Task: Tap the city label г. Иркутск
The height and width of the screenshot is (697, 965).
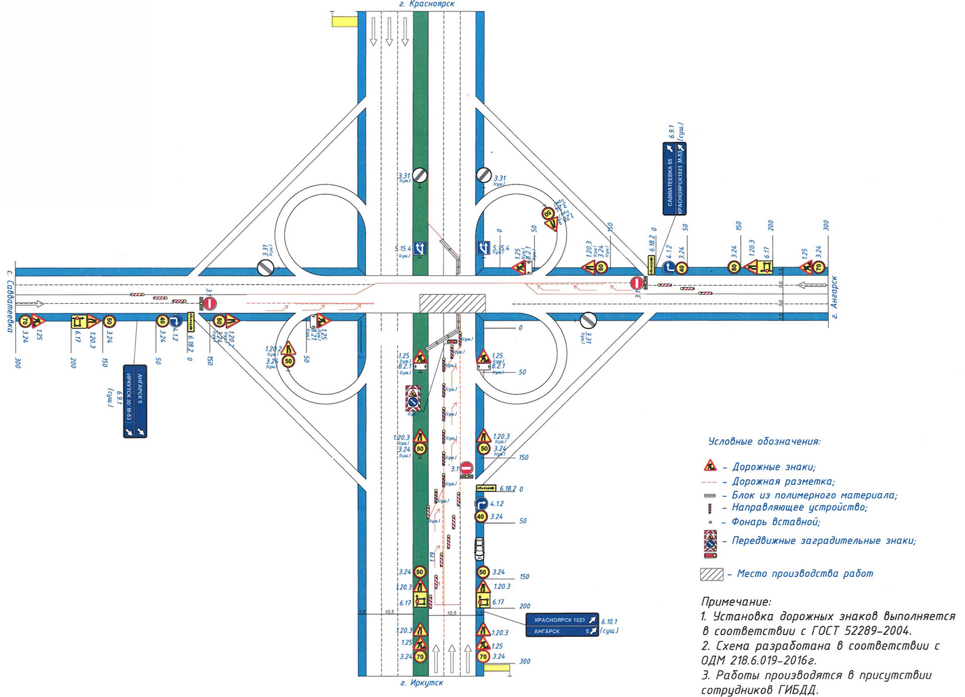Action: (x=422, y=682)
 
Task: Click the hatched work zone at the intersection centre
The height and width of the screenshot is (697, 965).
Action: (x=452, y=303)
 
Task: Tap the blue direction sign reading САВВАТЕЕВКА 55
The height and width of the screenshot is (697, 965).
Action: (x=675, y=179)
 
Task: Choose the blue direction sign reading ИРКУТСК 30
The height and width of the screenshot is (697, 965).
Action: (x=135, y=402)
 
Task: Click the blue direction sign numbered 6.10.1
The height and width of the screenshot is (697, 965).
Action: (x=562, y=625)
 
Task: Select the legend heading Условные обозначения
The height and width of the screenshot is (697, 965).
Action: (x=764, y=441)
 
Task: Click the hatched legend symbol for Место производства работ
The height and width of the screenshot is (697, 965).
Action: (x=712, y=574)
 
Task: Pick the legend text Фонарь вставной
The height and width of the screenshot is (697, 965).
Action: (x=775, y=522)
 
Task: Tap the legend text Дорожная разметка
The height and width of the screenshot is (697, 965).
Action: (x=783, y=481)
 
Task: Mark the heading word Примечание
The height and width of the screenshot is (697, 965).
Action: (x=736, y=601)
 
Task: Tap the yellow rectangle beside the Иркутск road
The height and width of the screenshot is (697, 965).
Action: (x=497, y=668)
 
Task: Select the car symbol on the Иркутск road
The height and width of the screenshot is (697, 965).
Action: (x=480, y=549)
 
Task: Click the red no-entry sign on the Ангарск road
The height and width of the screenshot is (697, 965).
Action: (x=635, y=283)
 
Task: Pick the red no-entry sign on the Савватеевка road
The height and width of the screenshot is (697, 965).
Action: (x=210, y=303)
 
